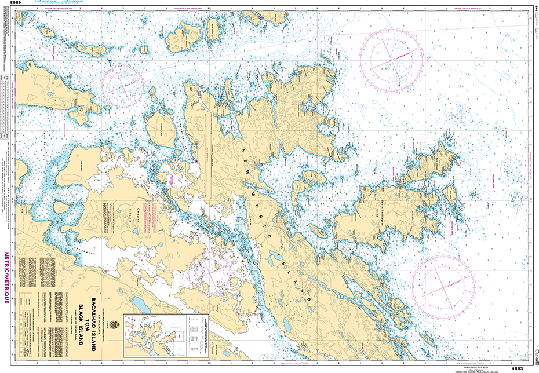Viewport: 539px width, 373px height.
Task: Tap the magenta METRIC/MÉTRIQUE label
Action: (x=6, y=278)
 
